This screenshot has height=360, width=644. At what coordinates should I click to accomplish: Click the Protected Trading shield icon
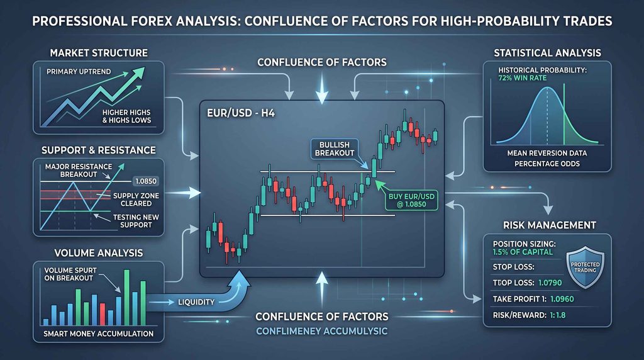click(x=585, y=267)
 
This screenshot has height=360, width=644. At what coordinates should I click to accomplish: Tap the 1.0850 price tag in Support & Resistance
click(x=145, y=181)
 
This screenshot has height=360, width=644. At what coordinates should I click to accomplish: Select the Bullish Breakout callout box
click(x=335, y=149)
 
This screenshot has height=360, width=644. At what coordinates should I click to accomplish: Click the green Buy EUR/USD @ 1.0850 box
click(x=411, y=200)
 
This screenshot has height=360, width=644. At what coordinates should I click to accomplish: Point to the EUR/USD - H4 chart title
click(x=241, y=113)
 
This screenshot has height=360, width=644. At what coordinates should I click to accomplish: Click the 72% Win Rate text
click(x=522, y=78)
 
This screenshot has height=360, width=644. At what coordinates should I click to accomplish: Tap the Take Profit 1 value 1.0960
click(x=562, y=299)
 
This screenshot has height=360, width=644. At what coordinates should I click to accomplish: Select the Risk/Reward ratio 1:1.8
click(x=557, y=315)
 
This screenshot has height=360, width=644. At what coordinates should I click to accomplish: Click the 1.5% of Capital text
click(x=523, y=252)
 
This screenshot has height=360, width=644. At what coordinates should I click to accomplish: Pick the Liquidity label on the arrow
click(x=196, y=302)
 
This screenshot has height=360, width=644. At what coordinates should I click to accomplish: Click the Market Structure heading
click(x=99, y=53)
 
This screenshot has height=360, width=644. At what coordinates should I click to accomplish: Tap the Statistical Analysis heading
click(x=547, y=53)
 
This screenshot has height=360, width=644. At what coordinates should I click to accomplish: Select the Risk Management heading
click(x=550, y=225)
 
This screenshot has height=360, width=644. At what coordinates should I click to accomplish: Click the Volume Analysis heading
click(x=99, y=253)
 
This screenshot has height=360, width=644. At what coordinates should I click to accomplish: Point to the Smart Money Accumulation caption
click(x=98, y=334)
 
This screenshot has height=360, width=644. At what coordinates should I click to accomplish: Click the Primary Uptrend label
click(x=79, y=72)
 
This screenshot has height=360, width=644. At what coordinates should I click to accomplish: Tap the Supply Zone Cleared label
click(x=136, y=200)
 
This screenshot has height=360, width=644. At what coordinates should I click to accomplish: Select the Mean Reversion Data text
click(x=547, y=154)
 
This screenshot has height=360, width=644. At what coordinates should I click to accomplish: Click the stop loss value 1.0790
click(x=550, y=283)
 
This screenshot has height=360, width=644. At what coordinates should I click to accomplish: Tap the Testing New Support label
click(x=136, y=221)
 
